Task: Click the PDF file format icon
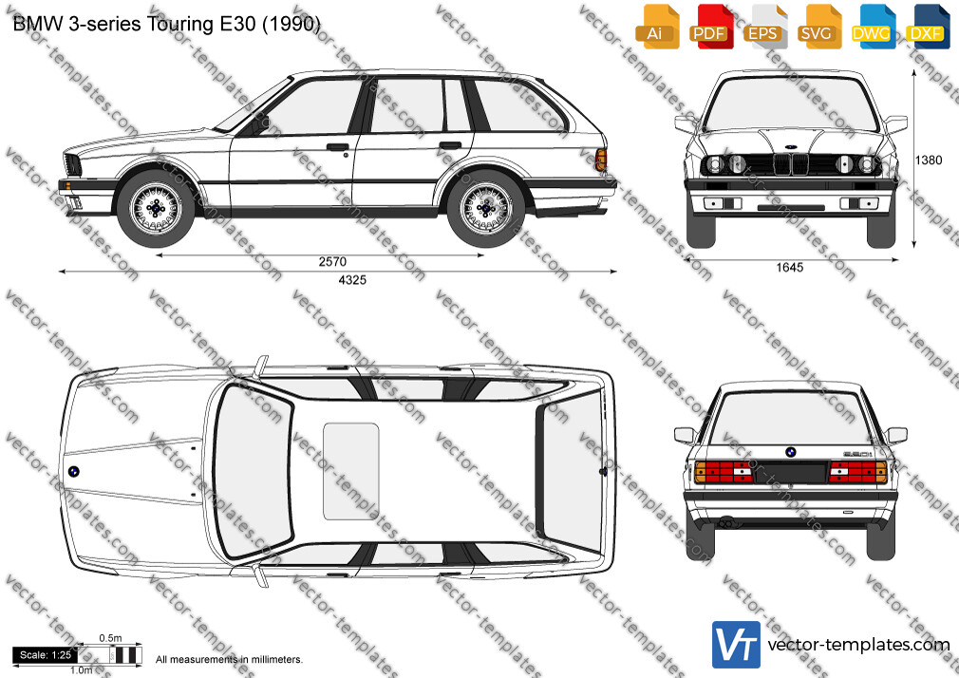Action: (710, 27)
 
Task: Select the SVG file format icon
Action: (818, 27)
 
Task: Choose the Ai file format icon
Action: (657, 27)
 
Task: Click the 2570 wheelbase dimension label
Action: (332, 262)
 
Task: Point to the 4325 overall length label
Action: (352, 280)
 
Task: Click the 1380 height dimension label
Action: (929, 160)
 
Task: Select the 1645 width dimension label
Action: (790, 268)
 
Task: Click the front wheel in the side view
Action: (156, 208)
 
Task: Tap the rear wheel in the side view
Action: (485, 208)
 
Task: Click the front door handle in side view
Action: (337, 147)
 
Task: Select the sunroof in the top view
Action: (351, 471)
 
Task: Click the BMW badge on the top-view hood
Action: (73, 471)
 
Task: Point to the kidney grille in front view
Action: (789, 164)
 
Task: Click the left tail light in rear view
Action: (724, 472)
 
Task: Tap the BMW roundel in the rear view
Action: (790, 452)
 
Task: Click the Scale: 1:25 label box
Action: (45, 655)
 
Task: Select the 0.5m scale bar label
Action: (110, 638)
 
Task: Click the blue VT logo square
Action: (737, 645)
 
